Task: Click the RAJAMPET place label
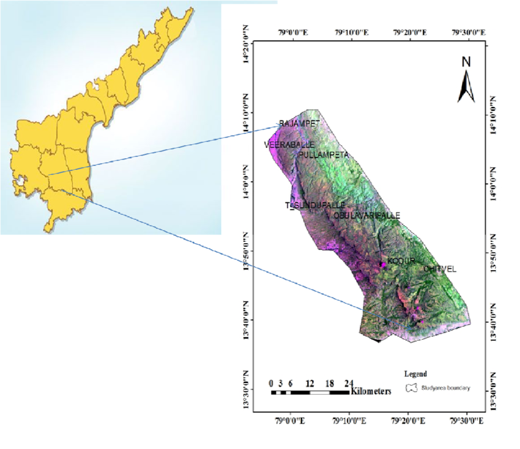pyautogui.click(x=300, y=123)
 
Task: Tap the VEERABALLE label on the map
pyautogui.click(x=289, y=145)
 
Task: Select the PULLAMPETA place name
pyautogui.click(x=324, y=155)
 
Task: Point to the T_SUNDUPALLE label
pyautogui.click(x=316, y=205)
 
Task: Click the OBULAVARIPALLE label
pyautogui.click(x=367, y=216)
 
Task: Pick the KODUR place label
pyautogui.click(x=401, y=261)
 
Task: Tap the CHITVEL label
pyautogui.click(x=440, y=269)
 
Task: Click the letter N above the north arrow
pyautogui.click(x=466, y=62)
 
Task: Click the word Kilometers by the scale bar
pyautogui.click(x=371, y=392)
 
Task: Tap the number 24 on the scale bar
pyautogui.click(x=349, y=383)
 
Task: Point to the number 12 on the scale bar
pyautogui.click(x=310, y=383)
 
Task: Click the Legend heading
pyautogui.click(x=415, y=373)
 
